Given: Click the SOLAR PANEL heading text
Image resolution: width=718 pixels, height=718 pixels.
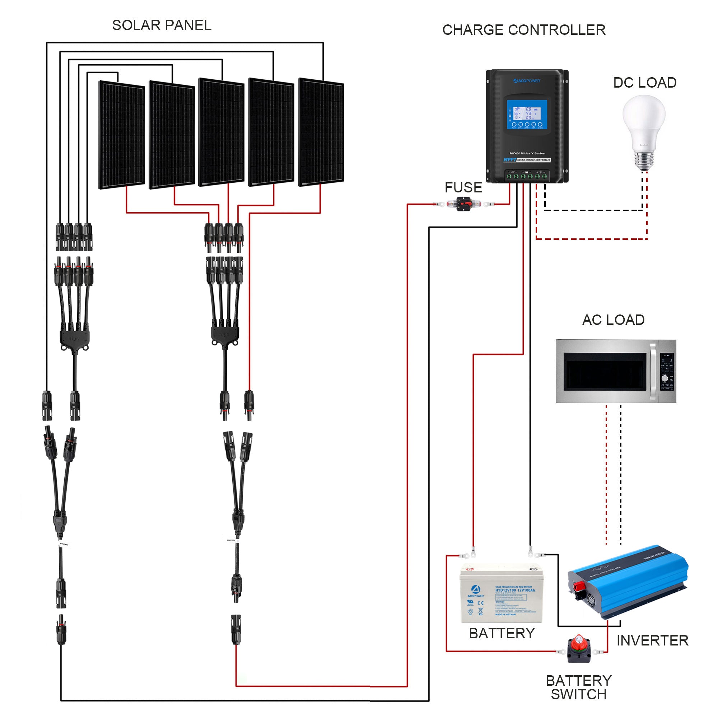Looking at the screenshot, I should pyautogui.click(x=162, y=25).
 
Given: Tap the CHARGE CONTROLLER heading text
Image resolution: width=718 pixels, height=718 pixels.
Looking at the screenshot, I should pyautogui.click(x=524, y=30).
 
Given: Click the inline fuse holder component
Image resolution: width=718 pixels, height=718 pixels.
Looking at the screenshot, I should pyautogui.click(x=463, y=204).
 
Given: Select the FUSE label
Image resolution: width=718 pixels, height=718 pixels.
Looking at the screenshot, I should pyautogui.click(x=463, y=187).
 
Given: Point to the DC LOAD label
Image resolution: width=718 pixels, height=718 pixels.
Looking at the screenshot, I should pyautogui.click(x=644, y=83).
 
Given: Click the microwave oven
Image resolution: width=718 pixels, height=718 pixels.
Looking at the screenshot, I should pyautogui.click(x=615, y=371).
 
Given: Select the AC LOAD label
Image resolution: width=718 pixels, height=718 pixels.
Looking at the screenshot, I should pyautogui.click(x=613, y=320).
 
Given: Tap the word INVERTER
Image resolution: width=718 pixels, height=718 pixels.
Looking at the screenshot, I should pyautogui.click(x=652, y=640).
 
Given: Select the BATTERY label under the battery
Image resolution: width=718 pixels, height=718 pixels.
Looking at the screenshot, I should pyautogui.click(x=502, y=633).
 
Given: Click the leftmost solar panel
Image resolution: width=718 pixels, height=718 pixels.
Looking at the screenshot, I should pyautogui.click(x=122, y=135).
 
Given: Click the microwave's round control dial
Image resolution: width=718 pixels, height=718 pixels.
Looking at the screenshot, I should pyautogui.click(x=665, y=378).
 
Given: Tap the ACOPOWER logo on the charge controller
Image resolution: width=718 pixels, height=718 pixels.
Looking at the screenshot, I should pyautogui.click(x=527, y=81).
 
